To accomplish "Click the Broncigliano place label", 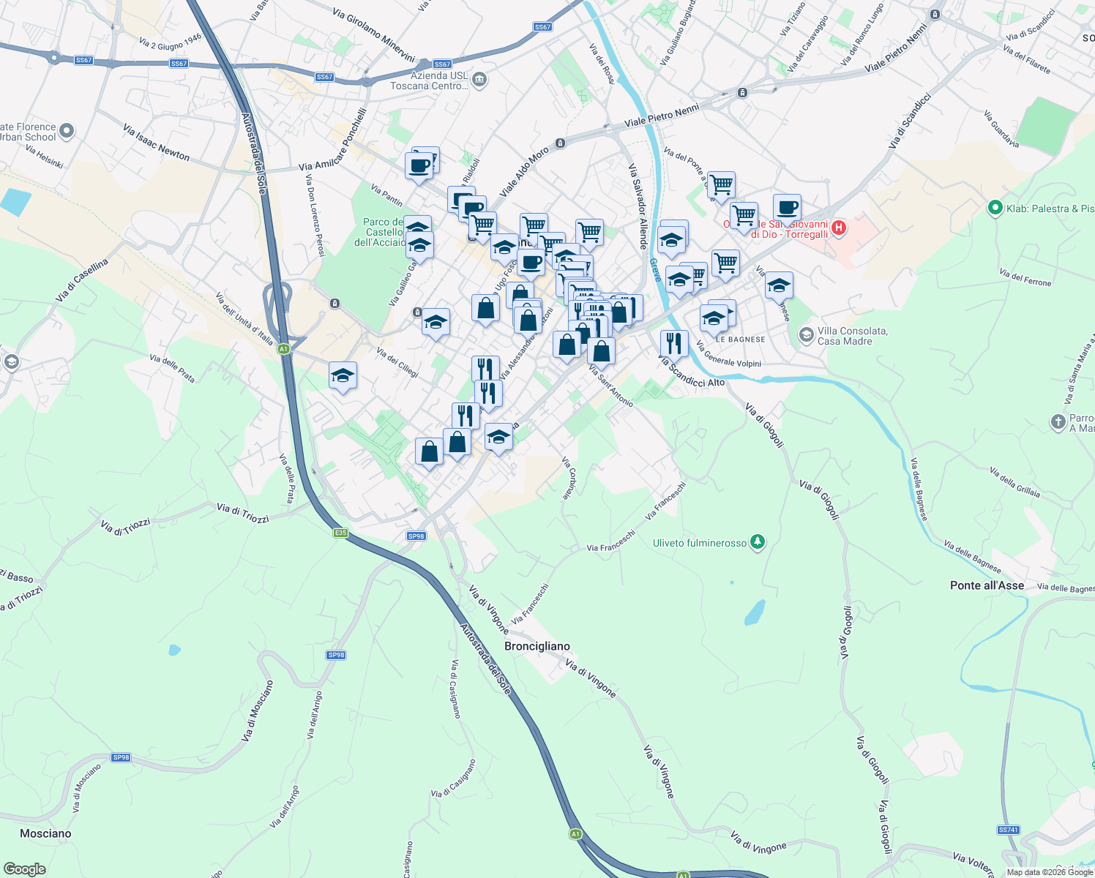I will [x=537, y=646].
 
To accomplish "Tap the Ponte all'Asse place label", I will [x=987, y=585].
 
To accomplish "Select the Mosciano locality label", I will [x=45, y=833].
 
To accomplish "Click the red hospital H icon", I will [x=839, y=228].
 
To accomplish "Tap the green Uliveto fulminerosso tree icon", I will [x=758, y=542].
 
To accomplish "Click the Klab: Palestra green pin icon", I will [x=995, y=209].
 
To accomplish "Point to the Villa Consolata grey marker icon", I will [x=806, y=335].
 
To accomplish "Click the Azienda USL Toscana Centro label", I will [x=429, y=80].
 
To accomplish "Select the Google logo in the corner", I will [x=25, y=869].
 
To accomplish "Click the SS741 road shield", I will [x=1008, y=830].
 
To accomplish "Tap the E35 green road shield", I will [x=340, y=533].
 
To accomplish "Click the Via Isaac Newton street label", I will [x=156, y=143].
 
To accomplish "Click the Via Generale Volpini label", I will [x=728, y=354].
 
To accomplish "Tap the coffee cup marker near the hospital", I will [x=787, y=209].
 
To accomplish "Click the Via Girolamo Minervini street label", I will [x=373, y=34].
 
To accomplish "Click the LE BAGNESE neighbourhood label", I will [x=740, y=339].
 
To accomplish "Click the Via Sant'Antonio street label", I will [x=611, y=386].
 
